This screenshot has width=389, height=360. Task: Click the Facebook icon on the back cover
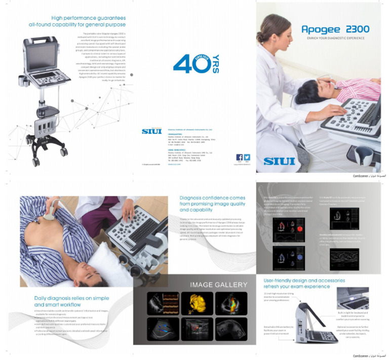[240, 157]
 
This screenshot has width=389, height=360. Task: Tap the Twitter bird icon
[247, 157]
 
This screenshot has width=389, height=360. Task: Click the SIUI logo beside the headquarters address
[152, 131]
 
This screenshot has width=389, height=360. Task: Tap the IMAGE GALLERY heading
[219, 284]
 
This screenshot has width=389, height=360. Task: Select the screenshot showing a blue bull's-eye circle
[289, 258]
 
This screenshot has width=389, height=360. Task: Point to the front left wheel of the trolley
[36, 161]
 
